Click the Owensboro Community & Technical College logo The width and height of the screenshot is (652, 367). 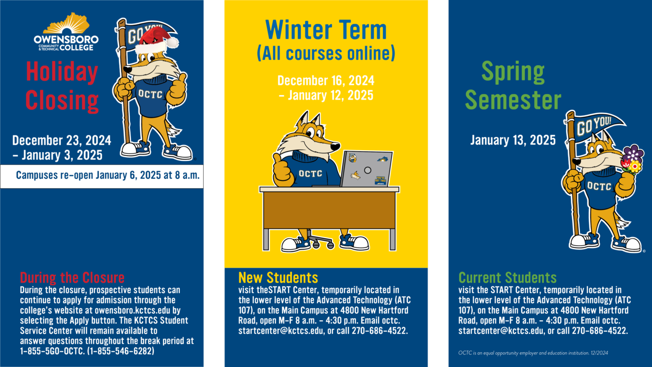click(66, 34)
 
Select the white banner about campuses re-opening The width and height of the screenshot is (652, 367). click(102, 176)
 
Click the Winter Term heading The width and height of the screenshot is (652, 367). click(325, 30)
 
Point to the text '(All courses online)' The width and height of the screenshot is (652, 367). click(325, 53)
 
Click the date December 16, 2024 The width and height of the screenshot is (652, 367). click(325, 80)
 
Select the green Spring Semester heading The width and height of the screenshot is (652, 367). click(513, 86)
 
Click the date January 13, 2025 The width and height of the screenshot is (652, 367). click(513, 140)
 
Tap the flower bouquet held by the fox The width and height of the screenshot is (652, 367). click(632, 159)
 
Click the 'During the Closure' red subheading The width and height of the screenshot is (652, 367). click(72, 277)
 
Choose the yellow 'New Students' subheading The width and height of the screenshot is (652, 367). click(278, 277)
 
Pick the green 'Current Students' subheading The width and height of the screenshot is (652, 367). click(507, 277)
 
